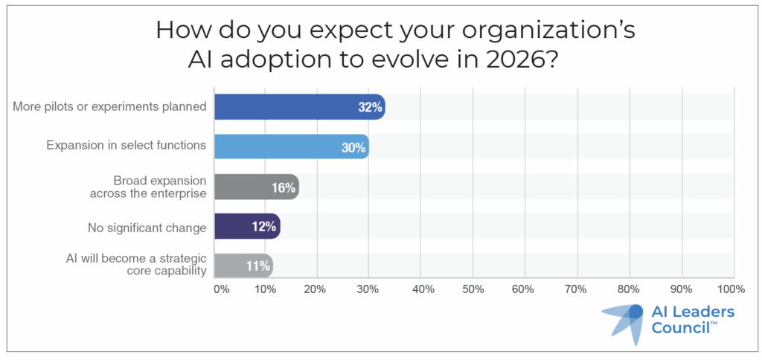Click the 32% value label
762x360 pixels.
[x=370, y=107]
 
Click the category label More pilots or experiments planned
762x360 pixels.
[x=109, y=106]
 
